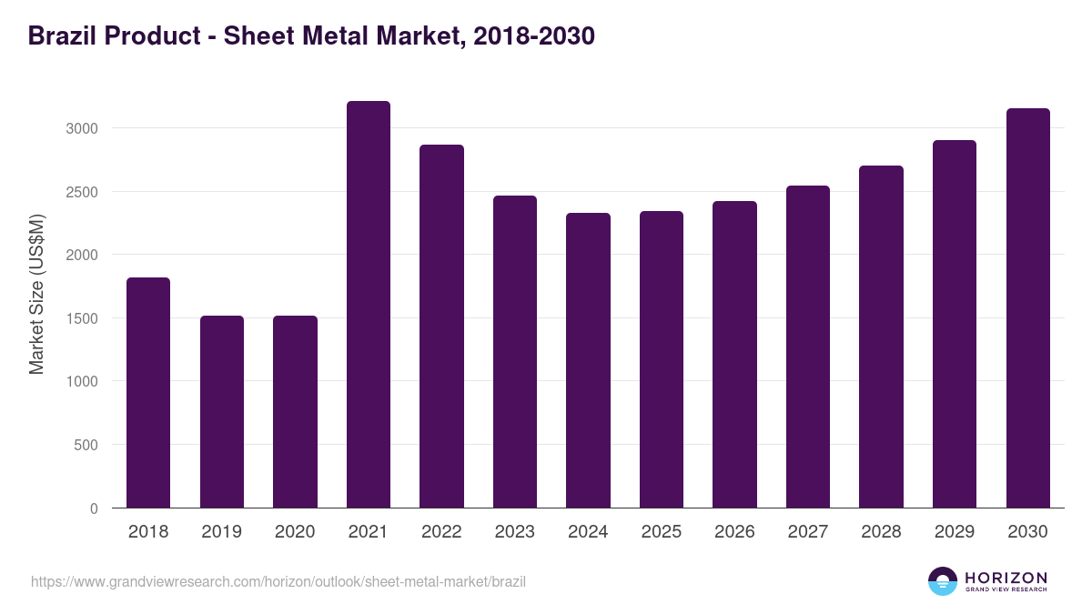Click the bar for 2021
tap(369, 305)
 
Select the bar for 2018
tap(148, 393)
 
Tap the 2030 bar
tap(1027, 308)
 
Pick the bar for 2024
tap(588, 360)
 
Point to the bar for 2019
tap(222, 412)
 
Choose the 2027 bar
tap(808, 347)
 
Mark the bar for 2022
tap(441, 327)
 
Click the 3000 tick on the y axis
tap(82, 128)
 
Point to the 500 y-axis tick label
tap(86, 445)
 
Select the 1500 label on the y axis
tap(82, 318)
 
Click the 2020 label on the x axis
tap(295, 532)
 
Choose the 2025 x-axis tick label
tap(662, 532)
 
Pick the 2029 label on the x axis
tap(955, 532)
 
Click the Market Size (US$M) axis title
tap(36, 293)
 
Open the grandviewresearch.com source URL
tap(278, 581)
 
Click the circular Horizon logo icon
tap(943, 581)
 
